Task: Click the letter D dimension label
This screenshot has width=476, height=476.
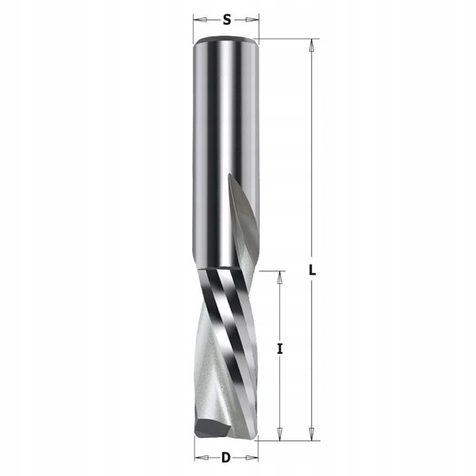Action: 226,457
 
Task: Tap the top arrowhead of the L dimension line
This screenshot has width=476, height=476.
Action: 312,44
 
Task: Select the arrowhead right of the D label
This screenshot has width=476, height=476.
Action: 254,457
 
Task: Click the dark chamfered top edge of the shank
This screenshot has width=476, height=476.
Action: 226,40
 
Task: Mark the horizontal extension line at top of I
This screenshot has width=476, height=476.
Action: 270,271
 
